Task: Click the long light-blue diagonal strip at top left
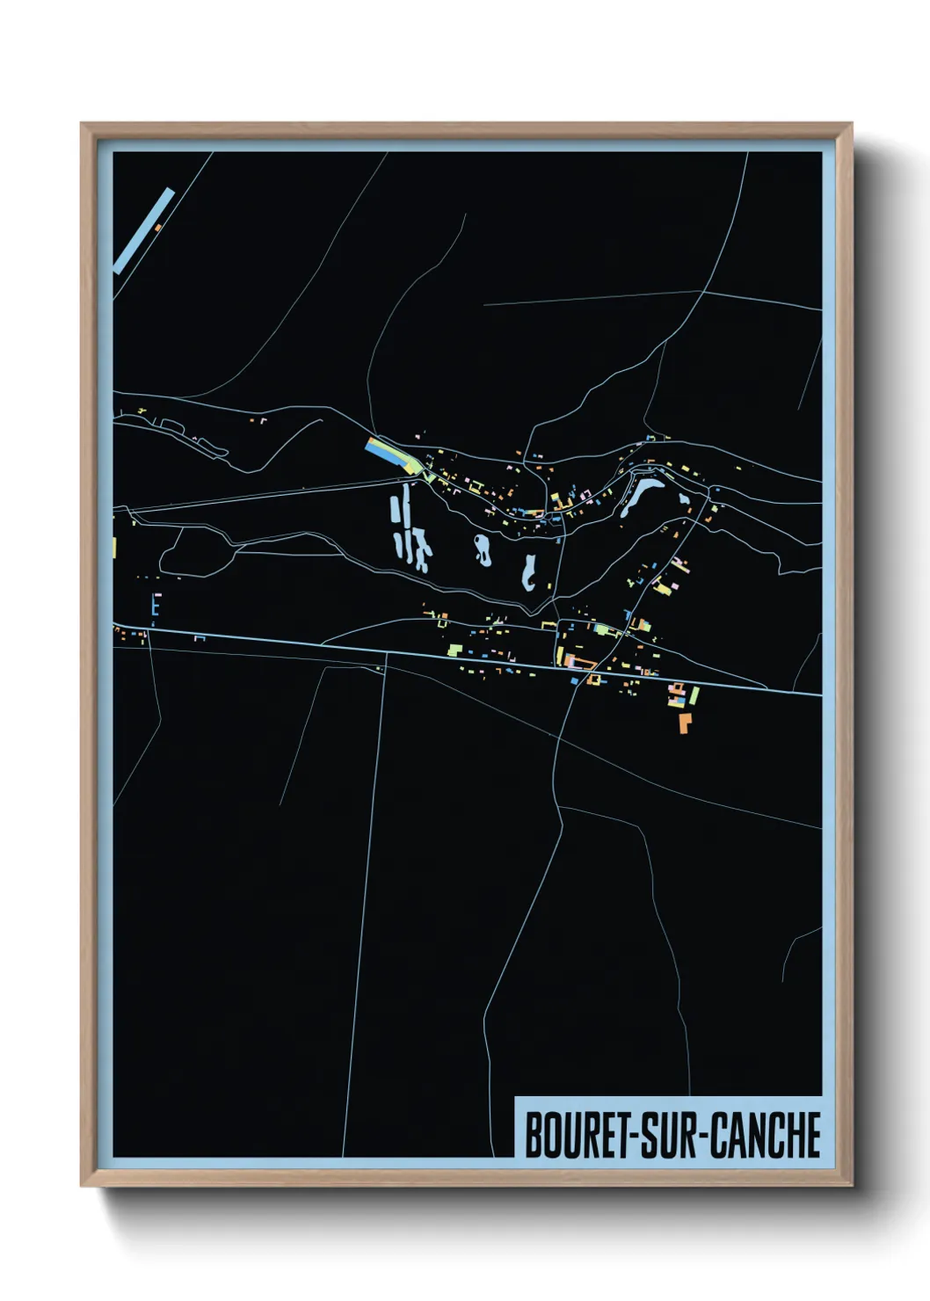click(144, 230)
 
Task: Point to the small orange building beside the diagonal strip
click(158, 228)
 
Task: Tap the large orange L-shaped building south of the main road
click(684, 723)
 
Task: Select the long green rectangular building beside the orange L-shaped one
click(694, 696)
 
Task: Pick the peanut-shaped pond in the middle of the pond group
click(483, 549)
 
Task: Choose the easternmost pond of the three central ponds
click(529, 571)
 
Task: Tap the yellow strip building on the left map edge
click(114, 547)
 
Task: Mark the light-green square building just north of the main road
click(454, 650)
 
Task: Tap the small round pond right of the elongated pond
click(684, 499)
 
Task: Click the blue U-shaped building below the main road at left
click(200, 637)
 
